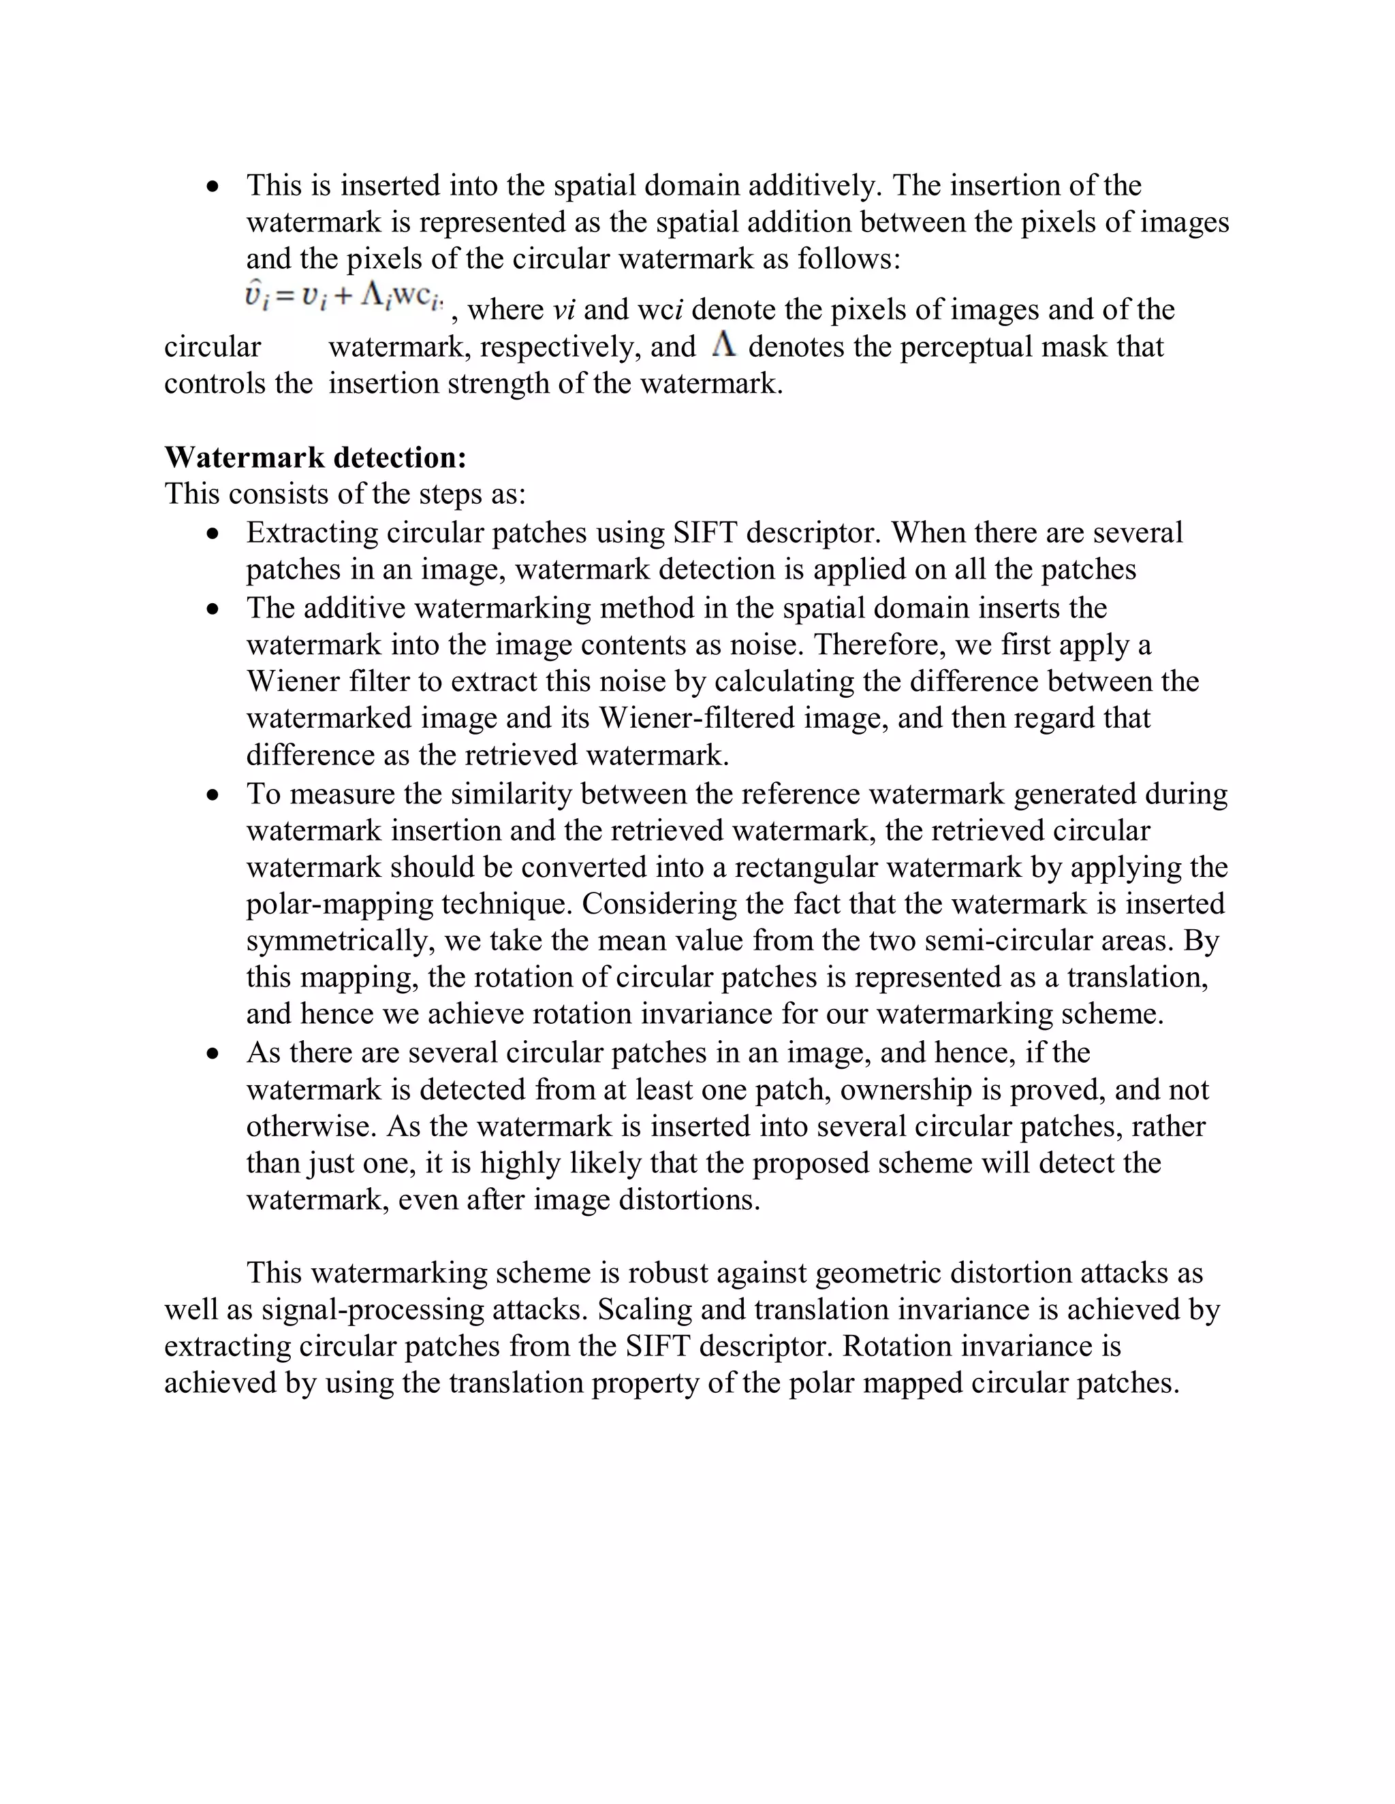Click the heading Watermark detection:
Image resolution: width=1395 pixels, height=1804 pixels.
[x=315, y=457]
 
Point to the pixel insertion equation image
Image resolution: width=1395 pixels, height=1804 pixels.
[x=345, y=298]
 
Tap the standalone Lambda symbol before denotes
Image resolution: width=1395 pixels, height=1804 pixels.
[x=723, y=345]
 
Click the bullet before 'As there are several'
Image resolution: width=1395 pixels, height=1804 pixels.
[x=214, y=1054]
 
